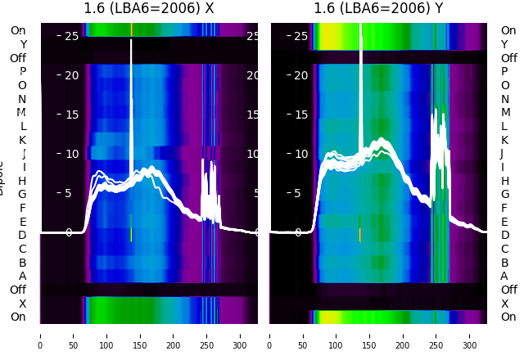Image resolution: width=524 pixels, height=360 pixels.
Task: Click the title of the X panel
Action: pyautogui.click(x=149, y=9)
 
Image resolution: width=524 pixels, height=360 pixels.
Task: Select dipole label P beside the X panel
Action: pyautogui.click(x=22, y=72)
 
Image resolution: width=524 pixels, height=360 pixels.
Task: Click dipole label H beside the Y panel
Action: pyautogui.click(x=505, y=181)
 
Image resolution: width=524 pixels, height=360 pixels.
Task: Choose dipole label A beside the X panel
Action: pyautogui.click(x=22, y=276)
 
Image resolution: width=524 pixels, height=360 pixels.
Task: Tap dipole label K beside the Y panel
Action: pyautogui.click(x=505, y=140)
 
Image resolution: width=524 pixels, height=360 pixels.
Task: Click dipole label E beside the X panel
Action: pyautogui.click(x=22, y=222)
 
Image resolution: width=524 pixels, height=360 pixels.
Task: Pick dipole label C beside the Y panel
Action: pyautogui.click(x=505, y=249)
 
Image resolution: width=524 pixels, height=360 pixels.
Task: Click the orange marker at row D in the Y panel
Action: pyautogui.click(x=359, y=235)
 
